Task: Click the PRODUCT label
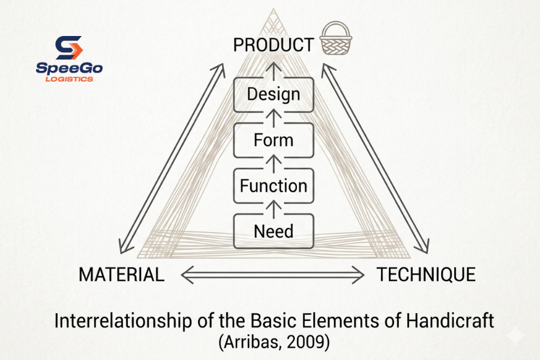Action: (273, 45)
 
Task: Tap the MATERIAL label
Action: (121, 275)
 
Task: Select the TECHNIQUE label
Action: (426, 275)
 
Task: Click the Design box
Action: (274, 94)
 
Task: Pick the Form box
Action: (274, 140)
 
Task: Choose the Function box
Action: (274, 186)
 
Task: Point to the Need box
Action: (274, 231)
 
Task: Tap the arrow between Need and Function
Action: (274, 208)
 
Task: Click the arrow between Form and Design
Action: (274, 117)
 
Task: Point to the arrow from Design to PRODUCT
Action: (274, 69)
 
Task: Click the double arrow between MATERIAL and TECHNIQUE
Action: (273, 275)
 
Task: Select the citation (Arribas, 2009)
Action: (274, 343)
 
